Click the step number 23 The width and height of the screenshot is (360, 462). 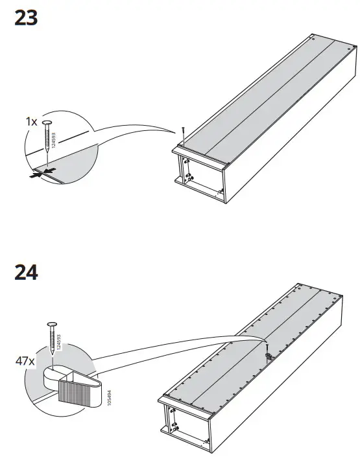tap(25, 18)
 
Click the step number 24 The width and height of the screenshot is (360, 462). tap(25, 272)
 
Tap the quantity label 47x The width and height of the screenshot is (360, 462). tap(25, 361)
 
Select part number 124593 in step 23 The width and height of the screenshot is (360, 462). tap(54, 141)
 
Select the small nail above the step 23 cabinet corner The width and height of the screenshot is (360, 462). tap(184, 132)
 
